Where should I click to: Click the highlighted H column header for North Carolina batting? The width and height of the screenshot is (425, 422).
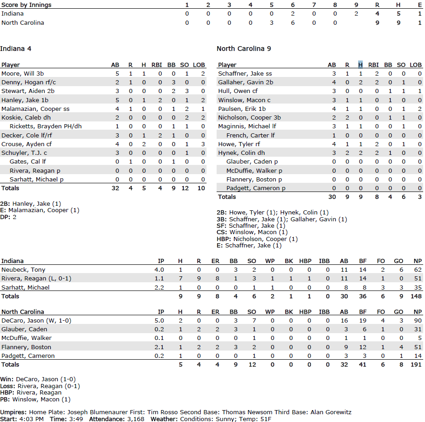click(360, 65)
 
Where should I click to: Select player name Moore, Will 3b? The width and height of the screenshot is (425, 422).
click(22, 73)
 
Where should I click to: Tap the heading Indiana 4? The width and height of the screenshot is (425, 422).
click(16, 49)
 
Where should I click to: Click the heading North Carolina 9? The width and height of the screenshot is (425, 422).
click(244, 49)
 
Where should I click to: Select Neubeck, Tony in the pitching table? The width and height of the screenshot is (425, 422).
click(23, 270)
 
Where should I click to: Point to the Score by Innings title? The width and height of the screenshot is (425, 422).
click(27, 5)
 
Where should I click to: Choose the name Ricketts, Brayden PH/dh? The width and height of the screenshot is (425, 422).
click(45, 126)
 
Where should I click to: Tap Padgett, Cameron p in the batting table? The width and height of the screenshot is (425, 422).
click(256, 188)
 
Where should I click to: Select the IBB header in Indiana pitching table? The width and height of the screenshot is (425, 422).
click(324, 261)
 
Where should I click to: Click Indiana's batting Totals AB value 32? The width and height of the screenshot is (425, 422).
click(115, 188)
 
